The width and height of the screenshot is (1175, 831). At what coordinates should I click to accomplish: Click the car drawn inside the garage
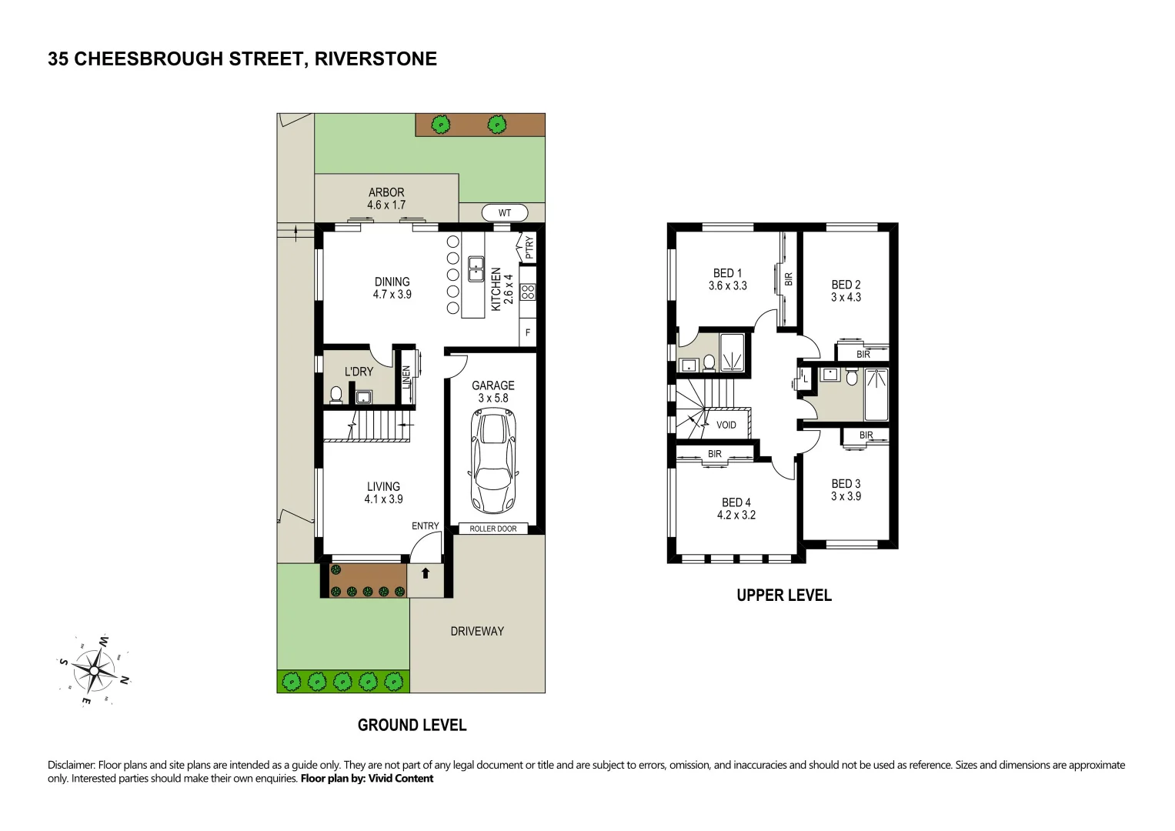[x=492, y=462]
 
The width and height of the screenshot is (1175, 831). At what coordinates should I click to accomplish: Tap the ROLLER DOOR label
[x=493, y=529]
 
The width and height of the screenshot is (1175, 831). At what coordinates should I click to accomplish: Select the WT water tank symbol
[x=505, y=213]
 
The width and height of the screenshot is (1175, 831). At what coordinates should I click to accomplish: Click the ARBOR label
[x=386, y=192]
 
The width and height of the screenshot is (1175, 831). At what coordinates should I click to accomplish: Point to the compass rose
[x=94, y=671]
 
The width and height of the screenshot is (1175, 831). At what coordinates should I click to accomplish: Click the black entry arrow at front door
[x=426, y=573]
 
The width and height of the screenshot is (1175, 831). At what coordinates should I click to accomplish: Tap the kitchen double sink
[x=476, y=269]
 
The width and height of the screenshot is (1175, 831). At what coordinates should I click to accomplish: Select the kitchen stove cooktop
[x=528, y=292]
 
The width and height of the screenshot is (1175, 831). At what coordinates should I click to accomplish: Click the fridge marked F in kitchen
[x=528, y=333]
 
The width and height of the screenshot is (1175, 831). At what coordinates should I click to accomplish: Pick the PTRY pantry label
[x=529, y=248]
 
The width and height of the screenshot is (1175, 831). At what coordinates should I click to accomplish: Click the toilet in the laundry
[x=335, y=395]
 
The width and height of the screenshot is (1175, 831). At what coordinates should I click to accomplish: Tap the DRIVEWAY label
[x=477, y=632]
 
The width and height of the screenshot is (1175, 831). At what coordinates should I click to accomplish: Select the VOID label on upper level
[x=726, y=425]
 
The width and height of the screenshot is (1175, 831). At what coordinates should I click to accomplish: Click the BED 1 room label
[x=727, y=273]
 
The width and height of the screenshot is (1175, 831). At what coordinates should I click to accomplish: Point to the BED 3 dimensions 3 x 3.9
[x=846, y=496]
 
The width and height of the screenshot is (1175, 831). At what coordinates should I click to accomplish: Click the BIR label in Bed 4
[x=715, y=454]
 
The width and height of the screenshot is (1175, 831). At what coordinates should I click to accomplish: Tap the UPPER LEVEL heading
[x=784, y=596]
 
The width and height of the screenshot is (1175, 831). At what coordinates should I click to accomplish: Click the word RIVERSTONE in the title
[x=376, y=59]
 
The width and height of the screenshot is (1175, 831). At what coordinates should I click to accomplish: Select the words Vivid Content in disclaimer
[x=401, y=779]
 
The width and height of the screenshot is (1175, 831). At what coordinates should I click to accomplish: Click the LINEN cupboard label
[x=406, y=377]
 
